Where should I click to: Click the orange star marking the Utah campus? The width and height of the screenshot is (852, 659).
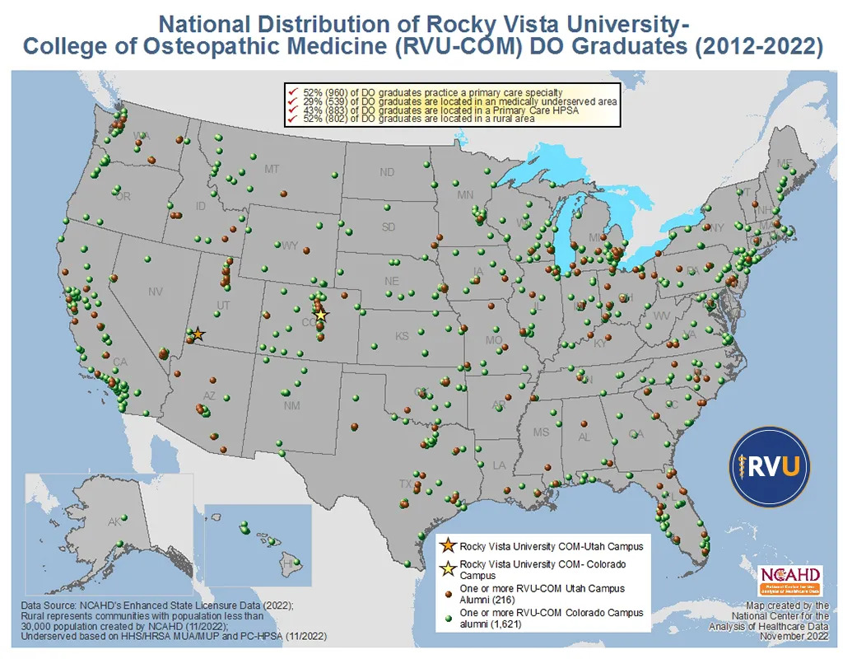click(x=198, y=334)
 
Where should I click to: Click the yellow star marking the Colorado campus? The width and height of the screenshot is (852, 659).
click(x=321, y=315)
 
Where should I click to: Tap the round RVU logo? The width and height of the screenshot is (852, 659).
click(x=769, y=466)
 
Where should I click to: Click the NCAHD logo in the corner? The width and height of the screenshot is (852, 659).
click(x=791, y=579)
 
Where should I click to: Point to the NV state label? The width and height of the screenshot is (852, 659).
click(x=155, y=292)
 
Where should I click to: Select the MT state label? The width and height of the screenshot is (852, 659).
click(x=272, y=169)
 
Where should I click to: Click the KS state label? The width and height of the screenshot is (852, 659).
click(x=402, y=337)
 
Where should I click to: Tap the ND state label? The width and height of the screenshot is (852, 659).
click(x=387, y=173)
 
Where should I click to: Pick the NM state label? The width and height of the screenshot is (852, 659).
click(x=291, y=406)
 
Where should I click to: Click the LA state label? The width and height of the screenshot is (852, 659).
click(x=499, y=465)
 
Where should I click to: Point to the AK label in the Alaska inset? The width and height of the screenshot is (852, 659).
click(x=114, y=521)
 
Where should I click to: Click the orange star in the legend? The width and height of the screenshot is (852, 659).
click(x=447, y=545)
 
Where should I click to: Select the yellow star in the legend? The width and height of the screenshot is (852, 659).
click(x=447, y=568)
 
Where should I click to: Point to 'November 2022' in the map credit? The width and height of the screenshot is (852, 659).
click(x=794, y=636)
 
